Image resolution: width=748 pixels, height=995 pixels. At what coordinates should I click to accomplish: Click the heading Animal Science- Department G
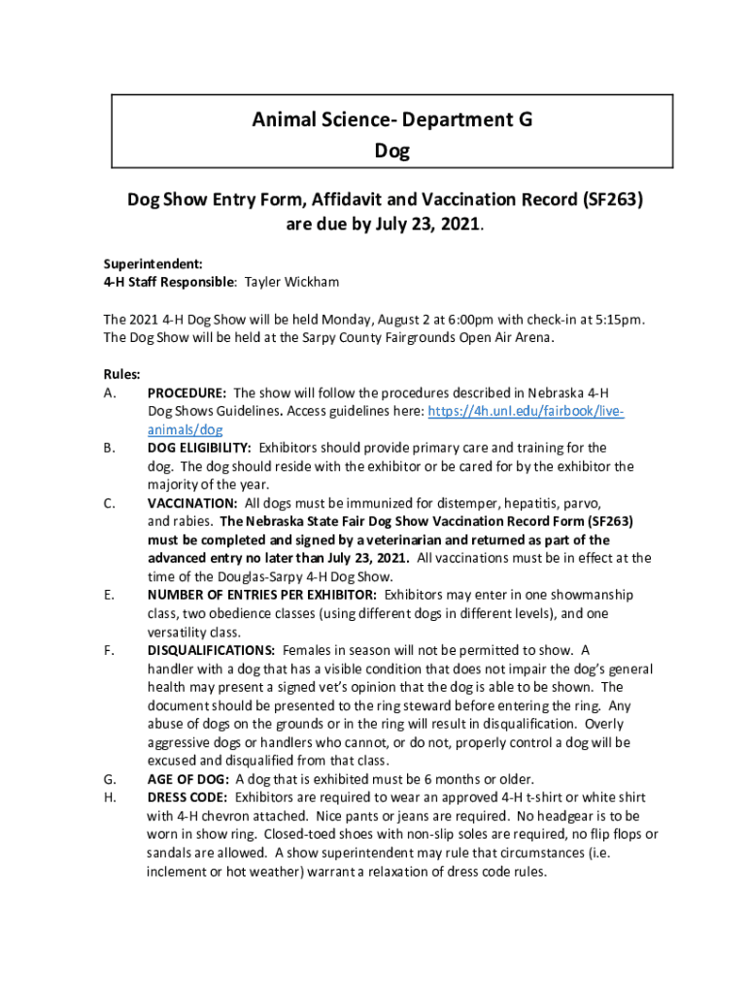pos(391,120)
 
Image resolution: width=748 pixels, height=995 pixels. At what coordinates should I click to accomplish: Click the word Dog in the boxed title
pos(391,151)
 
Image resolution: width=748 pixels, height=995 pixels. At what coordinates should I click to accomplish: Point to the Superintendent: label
pos(140,263)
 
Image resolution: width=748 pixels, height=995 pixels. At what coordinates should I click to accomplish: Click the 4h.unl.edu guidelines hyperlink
pos(525,411)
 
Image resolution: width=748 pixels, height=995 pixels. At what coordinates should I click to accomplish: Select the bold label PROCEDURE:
pos(187,393)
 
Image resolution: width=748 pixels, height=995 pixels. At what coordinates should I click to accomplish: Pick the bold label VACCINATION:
pos(192,503)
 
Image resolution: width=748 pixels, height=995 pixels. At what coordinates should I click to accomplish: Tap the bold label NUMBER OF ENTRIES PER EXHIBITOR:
pos(262,595)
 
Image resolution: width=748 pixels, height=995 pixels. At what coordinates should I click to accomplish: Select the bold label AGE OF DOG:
pos(188,779)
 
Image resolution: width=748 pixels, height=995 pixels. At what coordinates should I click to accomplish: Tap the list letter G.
pos(109,779)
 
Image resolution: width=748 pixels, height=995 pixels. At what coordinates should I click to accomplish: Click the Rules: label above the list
pos(122,374)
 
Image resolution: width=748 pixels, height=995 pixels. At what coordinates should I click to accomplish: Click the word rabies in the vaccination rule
pos(191,522)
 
